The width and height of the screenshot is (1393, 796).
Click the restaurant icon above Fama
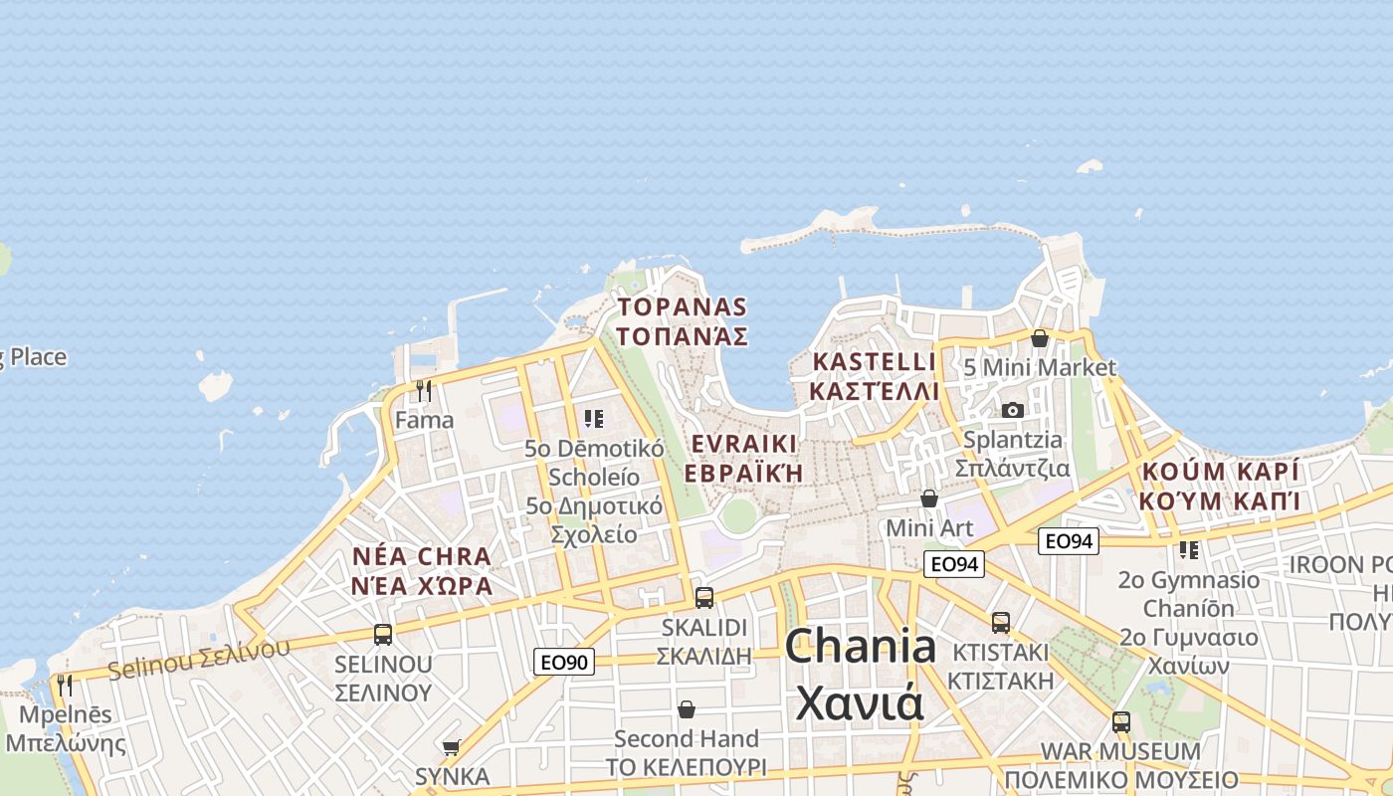point(424,391)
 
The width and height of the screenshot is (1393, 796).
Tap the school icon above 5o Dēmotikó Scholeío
point(594,419)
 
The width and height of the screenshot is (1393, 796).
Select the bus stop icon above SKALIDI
point(704,598)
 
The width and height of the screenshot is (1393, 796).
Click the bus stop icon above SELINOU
point(383,635)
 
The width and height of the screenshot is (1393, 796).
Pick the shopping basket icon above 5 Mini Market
point(1040,338)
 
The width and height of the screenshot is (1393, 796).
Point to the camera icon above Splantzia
point(1012,410)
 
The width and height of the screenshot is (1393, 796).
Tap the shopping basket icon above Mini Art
point(929,497)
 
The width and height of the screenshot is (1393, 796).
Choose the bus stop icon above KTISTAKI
point(1001,623)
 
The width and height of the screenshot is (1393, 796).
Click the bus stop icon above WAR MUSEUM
point(1121,722)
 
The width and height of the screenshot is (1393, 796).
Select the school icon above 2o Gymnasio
point(1188,549)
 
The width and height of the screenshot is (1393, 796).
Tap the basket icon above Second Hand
point(687,709)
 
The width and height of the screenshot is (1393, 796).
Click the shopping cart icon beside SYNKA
point(452,747)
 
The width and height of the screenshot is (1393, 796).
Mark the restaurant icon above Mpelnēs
point(66,685)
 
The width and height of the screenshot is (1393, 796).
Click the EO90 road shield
point(564,662)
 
